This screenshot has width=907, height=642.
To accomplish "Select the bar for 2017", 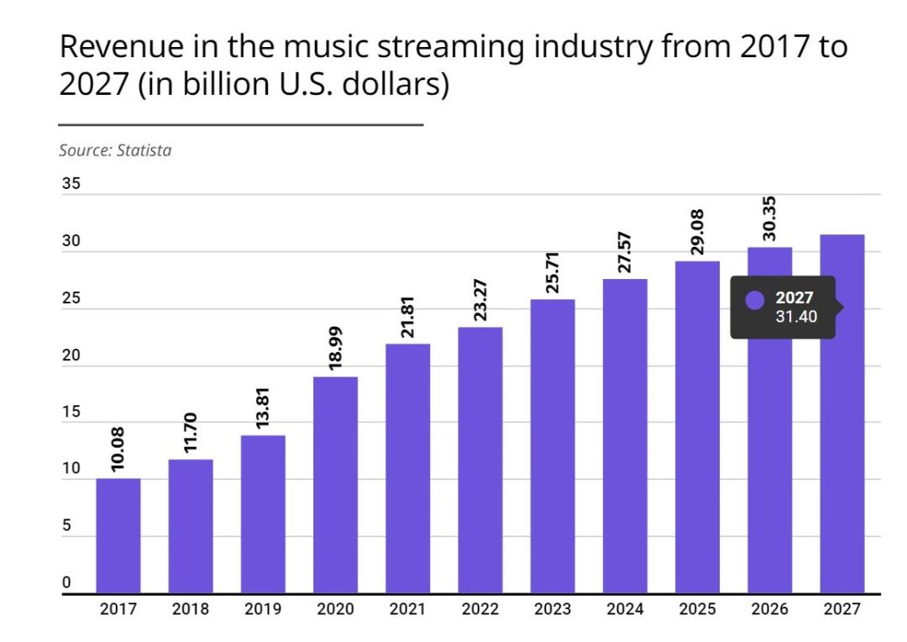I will click(118, 535).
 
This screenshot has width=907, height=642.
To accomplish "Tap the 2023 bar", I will click(552, 445).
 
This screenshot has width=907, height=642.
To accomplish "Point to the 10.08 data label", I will click(118, 450).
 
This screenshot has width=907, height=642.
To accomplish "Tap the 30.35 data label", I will click(769, 218).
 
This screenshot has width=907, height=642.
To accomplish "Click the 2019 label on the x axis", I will click(263, 609).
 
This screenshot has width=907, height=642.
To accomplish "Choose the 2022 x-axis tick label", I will click(480, 609).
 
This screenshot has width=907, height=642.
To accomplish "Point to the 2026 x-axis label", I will click(769, 609).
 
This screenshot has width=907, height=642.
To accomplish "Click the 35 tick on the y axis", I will click(71, 185).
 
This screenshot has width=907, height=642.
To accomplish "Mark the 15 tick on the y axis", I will click(71, 413).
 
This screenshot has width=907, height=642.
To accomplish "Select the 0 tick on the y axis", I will click(66, 583).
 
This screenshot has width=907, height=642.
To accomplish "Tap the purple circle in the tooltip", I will click(755, 301).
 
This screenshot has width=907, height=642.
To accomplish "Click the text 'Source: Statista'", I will click(115, 151).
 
